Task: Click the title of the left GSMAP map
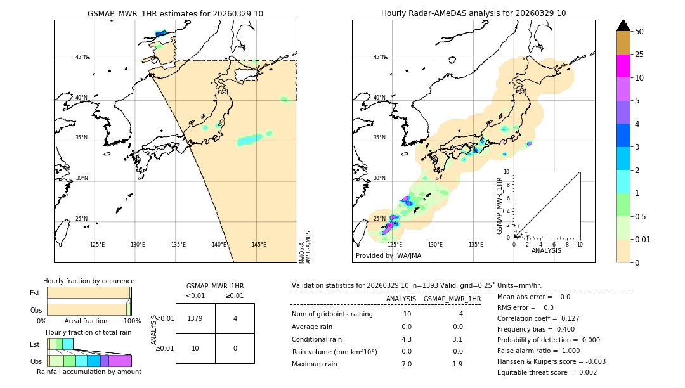click(175, 13)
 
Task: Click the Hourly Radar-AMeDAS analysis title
click(473, 13)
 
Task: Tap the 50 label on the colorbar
click(639, 32)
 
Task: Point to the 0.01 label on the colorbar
click(644, 239)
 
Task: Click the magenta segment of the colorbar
click(623, 66)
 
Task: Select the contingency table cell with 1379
click(195, 318)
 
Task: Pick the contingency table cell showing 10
click(195, 348)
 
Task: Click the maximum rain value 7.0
click(406, 364)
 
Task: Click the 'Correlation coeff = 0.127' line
click(538, 318)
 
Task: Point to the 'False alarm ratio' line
click(538, 351)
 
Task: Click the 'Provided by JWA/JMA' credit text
click(388, 255)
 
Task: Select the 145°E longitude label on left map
click(259, 245)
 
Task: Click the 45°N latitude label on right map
click(379, 57)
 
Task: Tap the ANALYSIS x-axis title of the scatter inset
click(546, 251)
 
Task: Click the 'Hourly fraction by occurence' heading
click(89, 281)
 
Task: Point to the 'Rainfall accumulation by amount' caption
click(89, 372)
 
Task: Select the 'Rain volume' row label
click(334, 352)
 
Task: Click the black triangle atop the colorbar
click(623, 25)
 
